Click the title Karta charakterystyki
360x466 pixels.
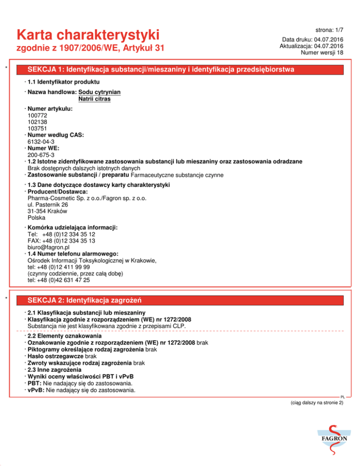88,34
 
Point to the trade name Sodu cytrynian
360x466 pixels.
100,92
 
